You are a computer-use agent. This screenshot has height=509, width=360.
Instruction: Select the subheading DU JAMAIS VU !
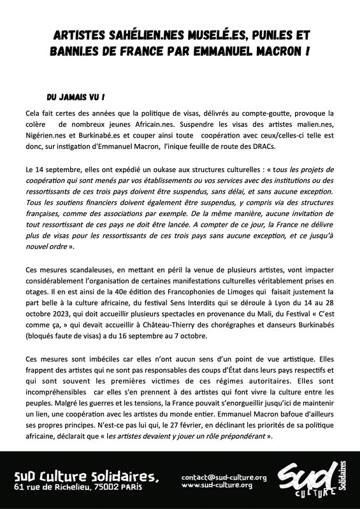(76, 98)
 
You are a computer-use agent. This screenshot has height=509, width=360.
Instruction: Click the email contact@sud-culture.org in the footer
(224, 477)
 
